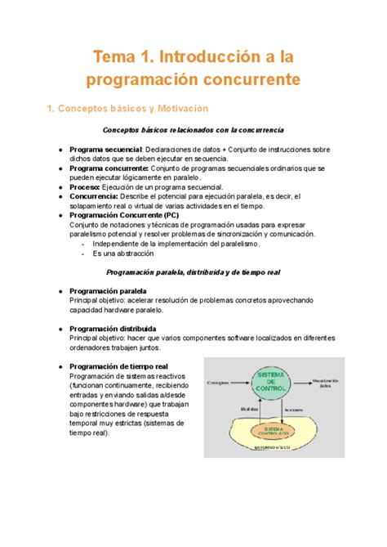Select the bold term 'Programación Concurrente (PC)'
pos(136,215)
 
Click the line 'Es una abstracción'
pos(123,253)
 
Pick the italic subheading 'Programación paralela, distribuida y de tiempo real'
pos(193,272)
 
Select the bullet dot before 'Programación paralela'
pos(60,291)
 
